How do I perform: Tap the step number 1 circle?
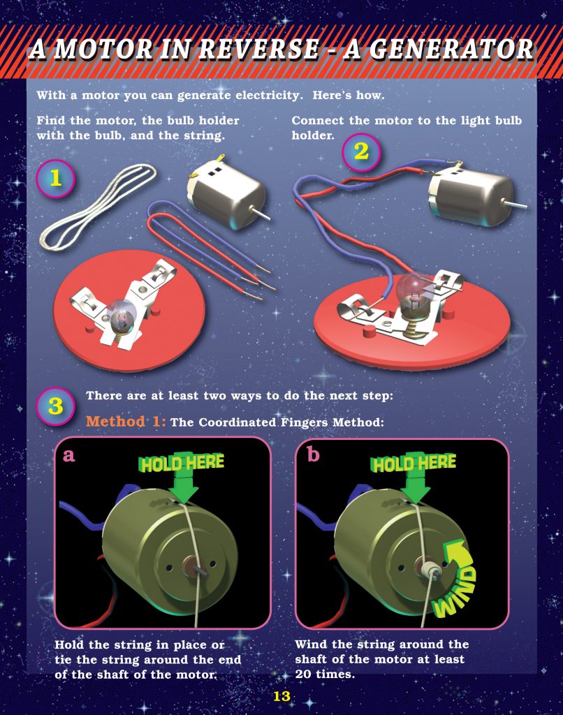[55, 178]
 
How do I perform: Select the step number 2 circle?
[361, 152]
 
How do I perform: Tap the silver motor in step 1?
[225, 193]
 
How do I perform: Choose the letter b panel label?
[313, 455]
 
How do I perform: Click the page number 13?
[281, 696]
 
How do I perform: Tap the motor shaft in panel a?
[200, 570]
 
